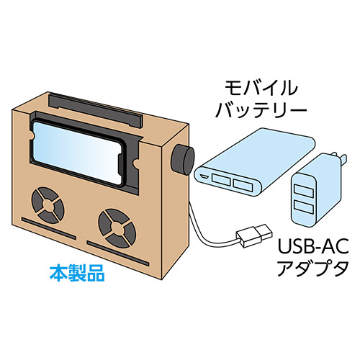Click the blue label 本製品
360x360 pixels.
77,273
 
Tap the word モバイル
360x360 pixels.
261,88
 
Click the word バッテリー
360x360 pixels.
261,109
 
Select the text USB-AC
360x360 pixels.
313,246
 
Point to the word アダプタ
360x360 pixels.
312,268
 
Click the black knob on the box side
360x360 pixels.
183,160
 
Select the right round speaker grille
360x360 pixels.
117,228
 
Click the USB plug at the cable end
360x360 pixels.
255,235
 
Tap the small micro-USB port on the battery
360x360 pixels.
205,177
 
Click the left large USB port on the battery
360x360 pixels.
220,179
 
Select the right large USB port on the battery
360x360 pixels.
243,184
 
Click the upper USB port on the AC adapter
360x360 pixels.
305,189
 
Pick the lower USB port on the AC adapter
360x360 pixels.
304,207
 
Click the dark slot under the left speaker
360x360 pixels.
49,228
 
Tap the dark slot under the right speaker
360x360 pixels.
118,253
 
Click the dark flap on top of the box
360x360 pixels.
96,110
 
